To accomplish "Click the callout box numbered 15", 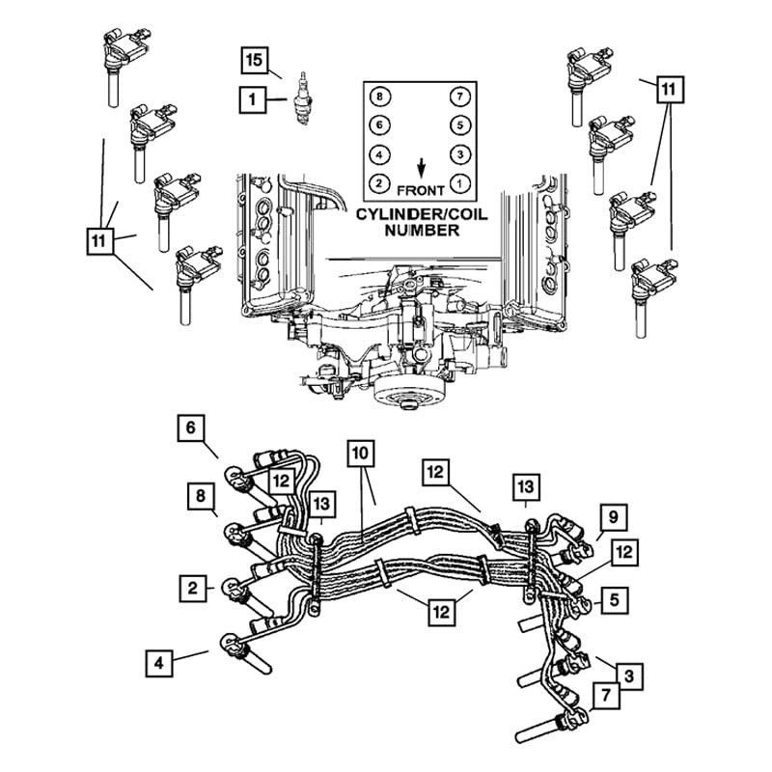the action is click(x=254, y=61).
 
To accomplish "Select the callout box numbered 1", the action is click(x=253, y=100).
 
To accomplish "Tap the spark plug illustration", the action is click(x=302, y=98).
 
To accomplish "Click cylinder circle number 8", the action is click(x=379, y=96).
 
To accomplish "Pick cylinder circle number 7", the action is click(x=460, y=96).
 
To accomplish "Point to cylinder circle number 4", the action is click(x=379, y=155).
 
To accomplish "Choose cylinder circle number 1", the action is click(x=460, y=184).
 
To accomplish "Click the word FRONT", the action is click(x=421, y=190).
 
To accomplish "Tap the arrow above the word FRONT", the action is click(x=421, y=168).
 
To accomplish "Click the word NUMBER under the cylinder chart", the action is click(x=422, y=231).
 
